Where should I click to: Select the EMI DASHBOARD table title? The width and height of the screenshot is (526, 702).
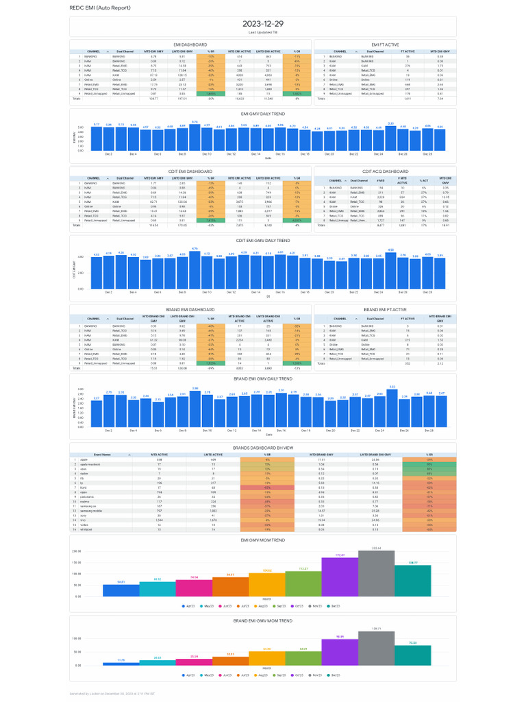(x=190, y=45)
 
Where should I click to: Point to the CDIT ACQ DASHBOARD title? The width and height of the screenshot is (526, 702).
(x=385, y=171)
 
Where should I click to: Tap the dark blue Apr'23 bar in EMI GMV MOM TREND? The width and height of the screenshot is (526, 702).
(x=121, y=590)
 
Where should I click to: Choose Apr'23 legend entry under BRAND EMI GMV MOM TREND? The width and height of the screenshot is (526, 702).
(x=189, y=675)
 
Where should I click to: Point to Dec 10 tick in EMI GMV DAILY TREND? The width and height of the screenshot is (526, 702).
(x=207, y=155)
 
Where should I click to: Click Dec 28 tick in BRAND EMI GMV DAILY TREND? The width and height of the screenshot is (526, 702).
(x=428, y=430)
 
